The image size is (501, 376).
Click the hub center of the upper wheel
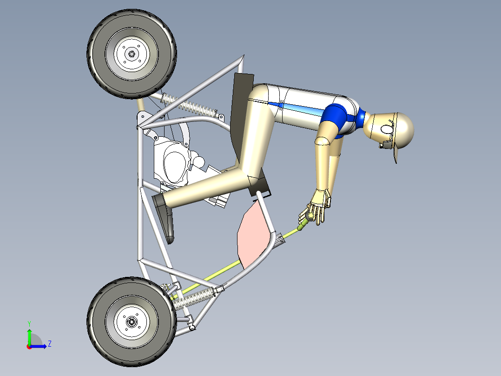pyautogui.click(x=132, y=54)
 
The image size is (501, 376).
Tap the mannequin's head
pyautogui.click(x=397, y=128)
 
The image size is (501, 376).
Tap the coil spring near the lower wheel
pyautogui.click(x=195, y=298)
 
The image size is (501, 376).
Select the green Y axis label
pyautogui.click(x=29, y=323)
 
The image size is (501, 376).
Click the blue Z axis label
pyautogui.click(x=49, y=344)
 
